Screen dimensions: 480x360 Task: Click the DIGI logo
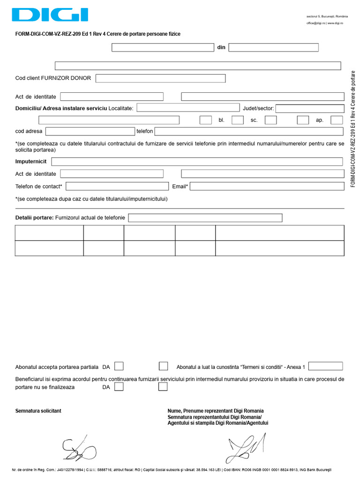pos(50,15)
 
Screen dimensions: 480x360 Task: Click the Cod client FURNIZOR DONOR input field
pos(160,78)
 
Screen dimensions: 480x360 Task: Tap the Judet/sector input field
pos(309,108)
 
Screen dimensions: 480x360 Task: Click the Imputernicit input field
pos(197,162)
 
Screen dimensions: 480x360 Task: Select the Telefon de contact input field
pos(117,186)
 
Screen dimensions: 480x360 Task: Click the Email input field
pos(266,186)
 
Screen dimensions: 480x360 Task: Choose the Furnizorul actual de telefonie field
pos(205,218)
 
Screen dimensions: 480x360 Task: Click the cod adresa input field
pos(90,131)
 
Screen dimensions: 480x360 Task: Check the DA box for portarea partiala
pos(119,366)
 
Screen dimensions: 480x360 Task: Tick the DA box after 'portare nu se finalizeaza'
pos(119,387)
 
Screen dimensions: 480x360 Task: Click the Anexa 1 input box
pos(325,366)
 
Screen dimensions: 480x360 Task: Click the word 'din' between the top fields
pos(221,47)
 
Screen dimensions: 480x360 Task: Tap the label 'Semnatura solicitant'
pos(38,411)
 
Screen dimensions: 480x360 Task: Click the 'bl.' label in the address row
pos(222,120)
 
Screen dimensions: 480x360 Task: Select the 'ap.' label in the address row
pos(320,120)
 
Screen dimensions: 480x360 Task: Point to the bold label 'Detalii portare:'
pos(35,218)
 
